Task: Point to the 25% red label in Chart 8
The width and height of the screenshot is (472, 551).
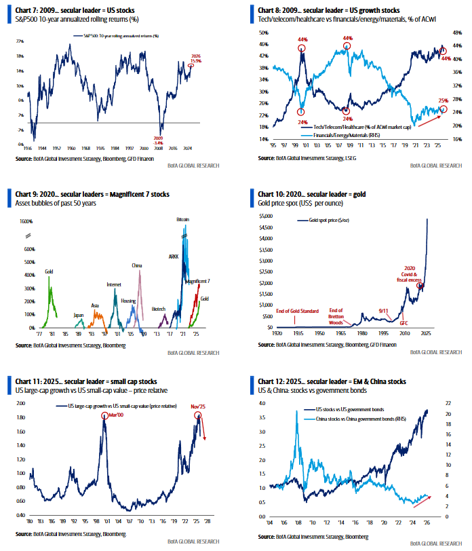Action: tap(444, 100)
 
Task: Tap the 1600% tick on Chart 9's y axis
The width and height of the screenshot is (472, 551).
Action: tap(26, 221)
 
